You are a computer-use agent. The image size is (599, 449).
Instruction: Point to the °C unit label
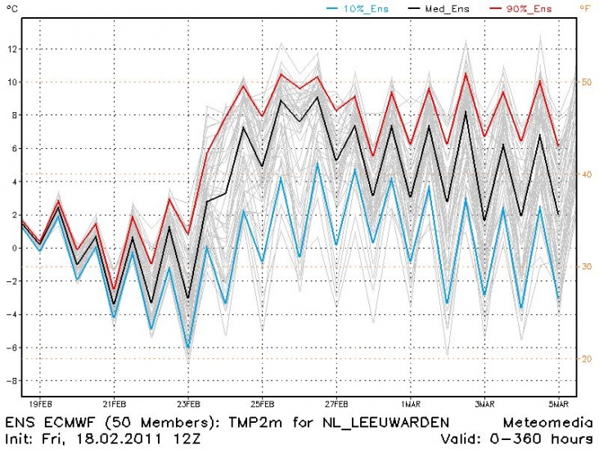[x=9, y=9]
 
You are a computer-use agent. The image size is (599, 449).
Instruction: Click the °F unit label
[x=587, y=9]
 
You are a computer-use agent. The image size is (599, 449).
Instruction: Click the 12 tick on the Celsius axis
[x=11, y=48]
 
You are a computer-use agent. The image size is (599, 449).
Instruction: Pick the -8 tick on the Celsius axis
[x=11, y=381]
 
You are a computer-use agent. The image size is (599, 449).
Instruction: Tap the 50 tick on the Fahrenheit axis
[x=587, y=82]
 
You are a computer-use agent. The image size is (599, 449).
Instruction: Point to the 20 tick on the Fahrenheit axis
[x=587, y=358]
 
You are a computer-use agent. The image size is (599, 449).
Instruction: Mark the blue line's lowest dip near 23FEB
[x=188, y=348]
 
